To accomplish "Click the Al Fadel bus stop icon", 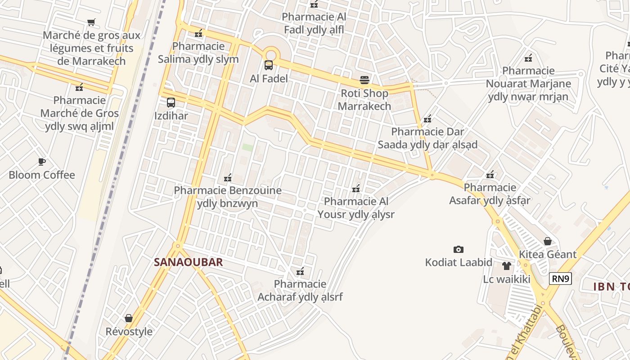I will coord(269,65).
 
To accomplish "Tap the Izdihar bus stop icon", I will coord(171,102).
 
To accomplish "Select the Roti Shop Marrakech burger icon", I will coord(364,80).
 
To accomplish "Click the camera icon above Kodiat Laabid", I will coord(459,249).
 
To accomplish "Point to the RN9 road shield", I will coord(560,279).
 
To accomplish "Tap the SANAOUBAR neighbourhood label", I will coord(188,262).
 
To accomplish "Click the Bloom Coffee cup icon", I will coord(42,162).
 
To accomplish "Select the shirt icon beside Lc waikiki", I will coord(507,266).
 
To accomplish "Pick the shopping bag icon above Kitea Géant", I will coord(548,241).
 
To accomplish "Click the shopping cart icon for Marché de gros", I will coord(91,22).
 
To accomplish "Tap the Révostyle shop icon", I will coord(129,319).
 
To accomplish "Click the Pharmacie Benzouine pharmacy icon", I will coord(228,177).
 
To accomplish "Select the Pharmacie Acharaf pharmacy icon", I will coord(300,271).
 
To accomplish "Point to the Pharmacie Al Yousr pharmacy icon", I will coord(356,189).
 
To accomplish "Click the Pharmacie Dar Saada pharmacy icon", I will coord(427,119).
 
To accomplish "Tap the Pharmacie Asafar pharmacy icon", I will coord(490,175).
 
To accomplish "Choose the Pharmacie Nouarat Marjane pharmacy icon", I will coord(528,58).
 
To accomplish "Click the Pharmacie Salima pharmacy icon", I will coord(198,33).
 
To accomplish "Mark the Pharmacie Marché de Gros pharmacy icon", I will coord(80,87).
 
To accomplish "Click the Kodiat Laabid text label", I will coord(459,262).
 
